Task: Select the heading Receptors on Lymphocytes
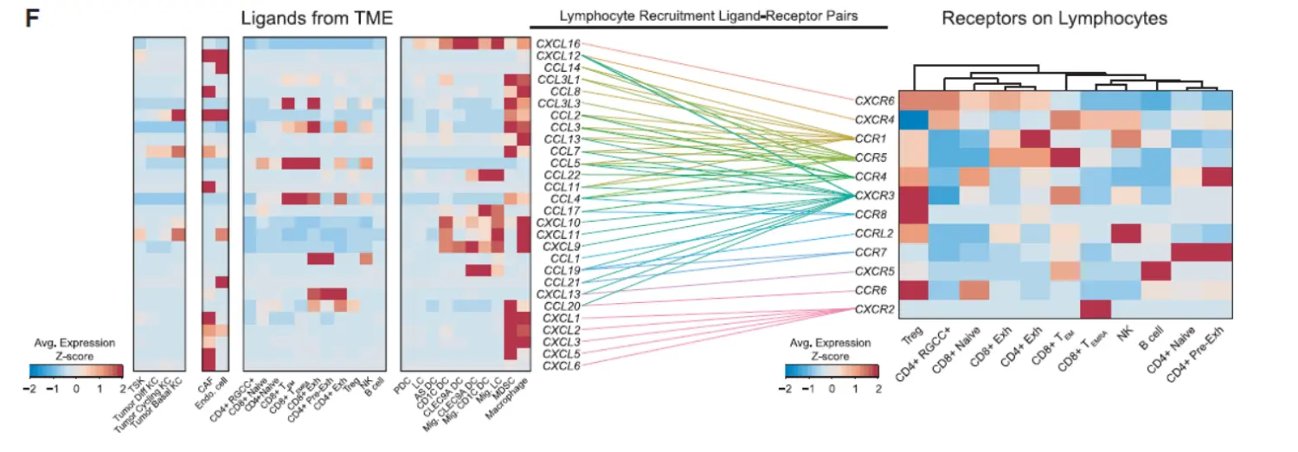pyautogui.click(x=1055, y=17)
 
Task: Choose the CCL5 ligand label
pyautogui.click(x=563, y=163)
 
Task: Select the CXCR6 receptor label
pyautogui.click(x=875, y=100)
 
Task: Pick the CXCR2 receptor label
pyautogui.click(x=875, y=309)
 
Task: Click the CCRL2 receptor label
pyautogui.click(x=875, y=233)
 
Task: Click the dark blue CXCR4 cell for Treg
pyautogui.click(x=914, y=119)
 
